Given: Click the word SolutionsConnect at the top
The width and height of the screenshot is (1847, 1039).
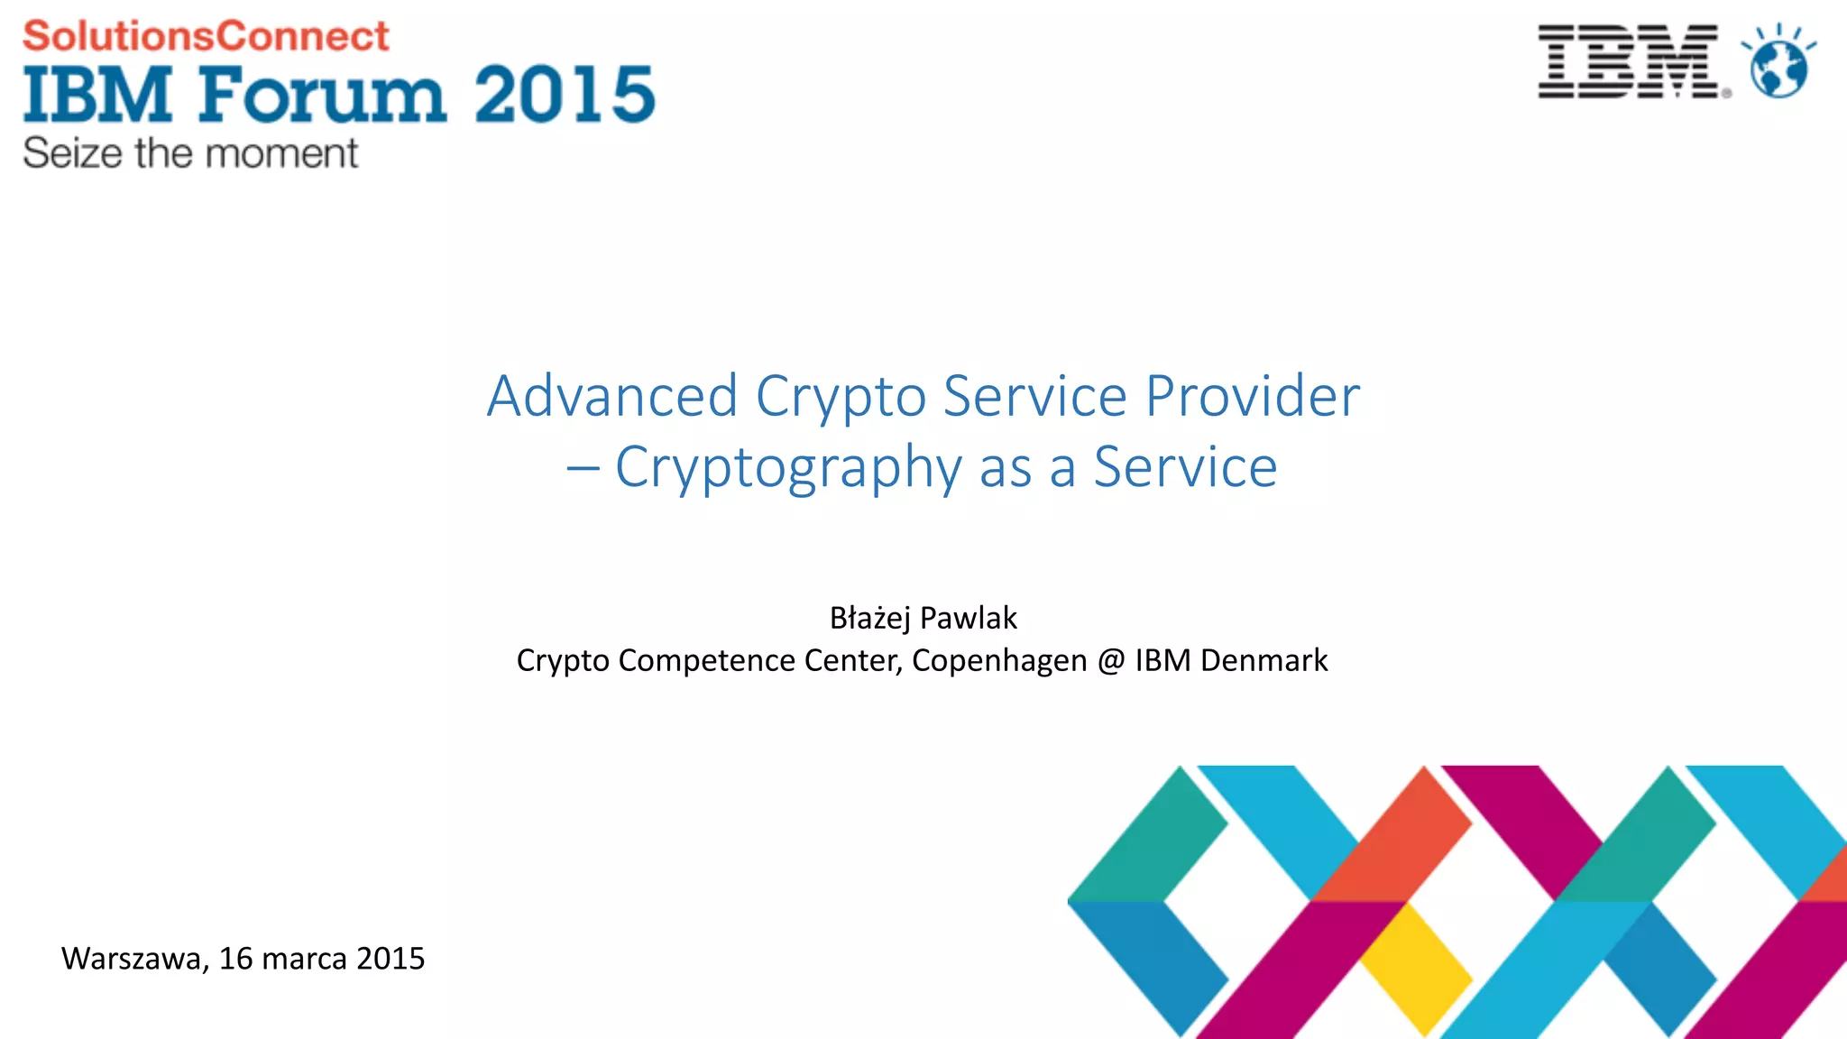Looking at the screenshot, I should pyautogui.click(x=206, y=37).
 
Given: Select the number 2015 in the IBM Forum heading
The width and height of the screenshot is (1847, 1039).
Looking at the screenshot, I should pyautogui.click(x=565, y=94).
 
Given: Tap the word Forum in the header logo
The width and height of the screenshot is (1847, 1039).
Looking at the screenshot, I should pyautogui.click(x=322, y=94).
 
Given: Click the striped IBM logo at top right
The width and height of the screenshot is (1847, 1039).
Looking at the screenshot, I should pyautogui.click(x=1629, y=61).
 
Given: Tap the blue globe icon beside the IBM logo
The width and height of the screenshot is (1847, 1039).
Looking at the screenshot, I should pyautogui.click(x=1778, y=65).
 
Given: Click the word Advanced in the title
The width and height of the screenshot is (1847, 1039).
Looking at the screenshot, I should pyautogui.click(x=612, y=396).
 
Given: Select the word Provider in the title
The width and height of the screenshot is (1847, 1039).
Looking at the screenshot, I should pyautogui.click(x=1252, y=396).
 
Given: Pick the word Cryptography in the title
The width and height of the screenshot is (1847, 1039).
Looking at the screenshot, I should pyautogui.click(x=788, y=468).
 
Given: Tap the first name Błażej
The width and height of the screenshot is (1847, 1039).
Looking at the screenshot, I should pyautogui.click(x=869, y=618).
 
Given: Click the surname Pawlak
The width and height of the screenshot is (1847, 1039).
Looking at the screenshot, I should pyautogui.click(x=969, y=618).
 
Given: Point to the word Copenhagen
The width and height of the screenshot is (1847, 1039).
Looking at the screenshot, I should pyautogui.click(x=999, y=661).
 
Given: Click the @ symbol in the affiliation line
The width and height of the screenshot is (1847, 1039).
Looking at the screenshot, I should pyautogui.click(x=1111, y=661).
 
